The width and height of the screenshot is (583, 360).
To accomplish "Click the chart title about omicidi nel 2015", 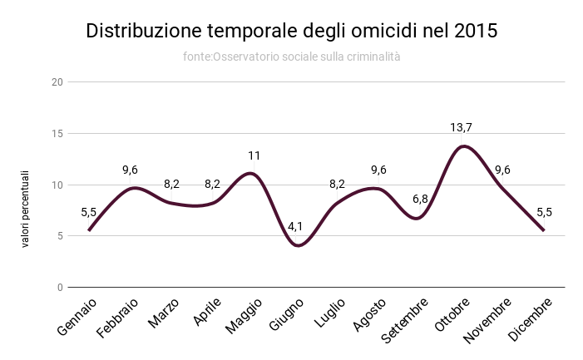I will pyautogui.click(x=292, y=32).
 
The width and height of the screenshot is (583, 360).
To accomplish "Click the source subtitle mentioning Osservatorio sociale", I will pyautogui.click(x=292, y=57).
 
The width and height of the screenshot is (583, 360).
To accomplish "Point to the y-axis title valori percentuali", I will pyautogui.click(x=26, y=208).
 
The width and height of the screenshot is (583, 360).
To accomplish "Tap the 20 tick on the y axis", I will pyautogui.click(x=57, y=82).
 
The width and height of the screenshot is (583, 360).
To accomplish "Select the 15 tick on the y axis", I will pyautogui.click(x=57, y=134).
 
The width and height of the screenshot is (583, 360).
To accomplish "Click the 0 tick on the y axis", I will pyautogui.click(x=60, y=288).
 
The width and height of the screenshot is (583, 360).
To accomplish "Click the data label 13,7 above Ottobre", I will pyautogui.click(x=462, y=127).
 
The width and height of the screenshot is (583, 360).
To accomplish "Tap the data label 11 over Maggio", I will pyautogui.click(x=254, y=155).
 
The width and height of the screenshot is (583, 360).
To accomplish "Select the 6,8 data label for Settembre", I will pyautogui.click(x=420, y=200).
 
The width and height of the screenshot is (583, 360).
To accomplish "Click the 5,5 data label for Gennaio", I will pyautogui.click(x=89, y=212).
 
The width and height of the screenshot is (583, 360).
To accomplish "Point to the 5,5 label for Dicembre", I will pyautogui.click(x=544, y=212).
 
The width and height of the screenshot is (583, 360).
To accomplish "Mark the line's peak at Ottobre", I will pyautogui.click(x=462, y=146).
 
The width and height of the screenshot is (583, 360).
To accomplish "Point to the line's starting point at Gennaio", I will pyautogui.click(x=89, y=230).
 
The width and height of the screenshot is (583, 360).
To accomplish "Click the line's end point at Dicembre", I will pyautogui.click(x=544, y=230).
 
